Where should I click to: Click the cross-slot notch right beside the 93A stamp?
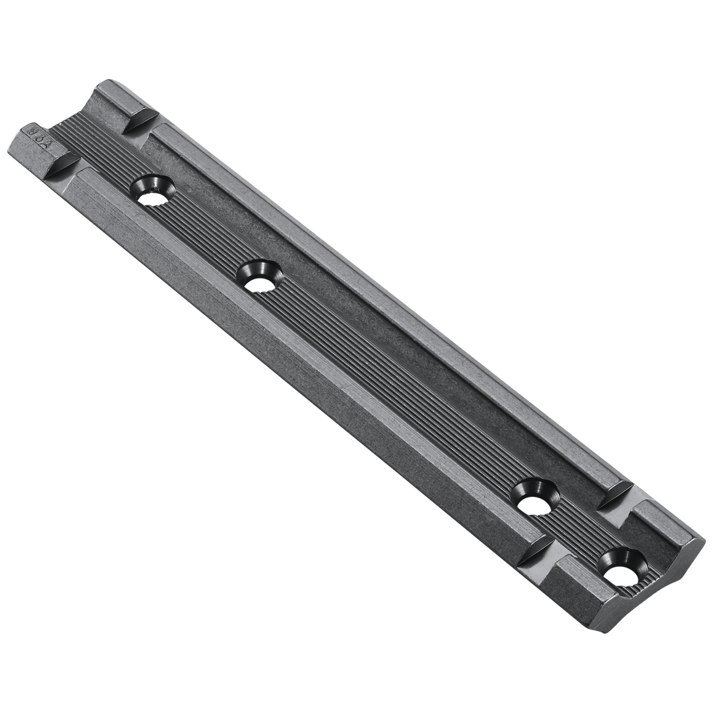(66, 166)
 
